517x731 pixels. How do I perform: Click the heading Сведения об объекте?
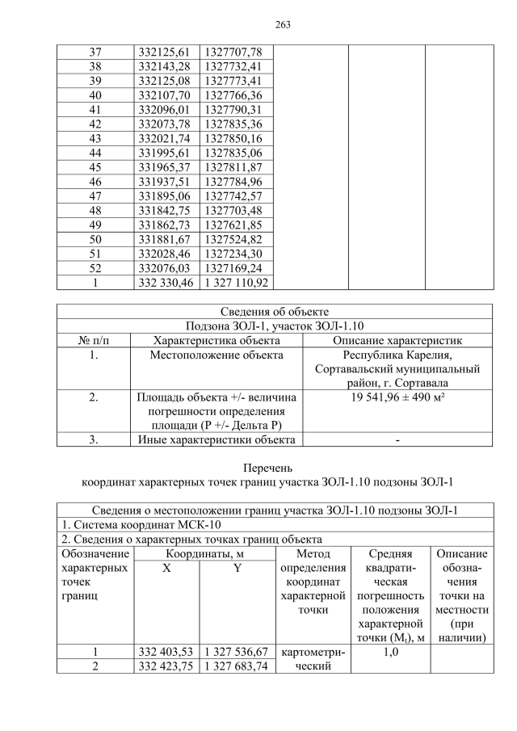(x=274, y=312)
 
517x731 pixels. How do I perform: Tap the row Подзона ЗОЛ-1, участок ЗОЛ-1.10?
(x=274, y=326)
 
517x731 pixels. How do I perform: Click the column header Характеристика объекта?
(x=216, y=340)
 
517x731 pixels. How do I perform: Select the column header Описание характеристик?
(x=397, y=340)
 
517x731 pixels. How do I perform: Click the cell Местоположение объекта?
(x=216, y=355)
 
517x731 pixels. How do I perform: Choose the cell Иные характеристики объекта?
(x=216, y=440)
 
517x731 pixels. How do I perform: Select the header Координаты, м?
(x=204, y=554)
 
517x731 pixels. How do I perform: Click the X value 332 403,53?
(x=165, y=652)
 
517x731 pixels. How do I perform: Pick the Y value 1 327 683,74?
(x=236, y=666)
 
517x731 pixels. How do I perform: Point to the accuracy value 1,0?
(x=390, y=652)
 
